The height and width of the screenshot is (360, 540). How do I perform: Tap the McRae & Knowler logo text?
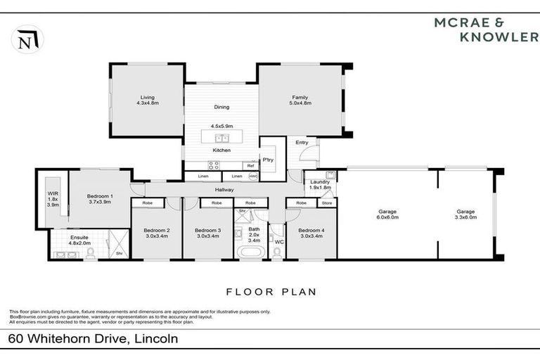tap(486, 29)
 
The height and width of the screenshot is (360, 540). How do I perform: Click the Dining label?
tap(221, 108)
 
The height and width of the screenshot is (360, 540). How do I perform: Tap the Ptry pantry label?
tap(268, 160)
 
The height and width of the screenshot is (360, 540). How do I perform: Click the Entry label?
tap(302, 143)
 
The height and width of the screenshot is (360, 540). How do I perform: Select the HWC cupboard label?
tap(253, 176)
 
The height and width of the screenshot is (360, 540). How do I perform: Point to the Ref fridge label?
tap(250, 166)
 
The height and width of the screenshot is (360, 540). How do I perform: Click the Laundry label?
tap(320, 182)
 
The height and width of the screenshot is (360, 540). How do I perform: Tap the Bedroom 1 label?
tap(100, 196)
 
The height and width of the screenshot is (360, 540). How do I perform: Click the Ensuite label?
tap(79, 238)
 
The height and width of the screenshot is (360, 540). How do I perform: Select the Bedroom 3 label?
tap(208, 230)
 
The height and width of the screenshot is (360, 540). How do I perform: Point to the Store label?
tap(326, 202)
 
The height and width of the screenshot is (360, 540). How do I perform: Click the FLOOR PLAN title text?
tap(271, 291)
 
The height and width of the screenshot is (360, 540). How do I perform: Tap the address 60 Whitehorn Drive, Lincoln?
tap(93, 339)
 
